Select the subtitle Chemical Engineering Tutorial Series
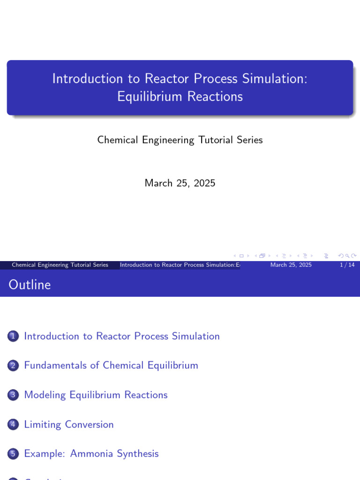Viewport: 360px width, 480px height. pyautogui.click(x=180, y=140)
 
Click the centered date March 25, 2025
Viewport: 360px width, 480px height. pyautogui.click(x=180, y=183)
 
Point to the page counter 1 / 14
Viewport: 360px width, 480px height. pyautogui.click(x=347, y=265)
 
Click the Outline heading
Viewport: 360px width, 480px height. pyautogui.click(x=30, y=285)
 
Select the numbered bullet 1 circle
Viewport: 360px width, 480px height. pyautogui.click(x=13, y=336)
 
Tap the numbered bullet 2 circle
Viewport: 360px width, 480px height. pyautogui.click(x=13, y=366)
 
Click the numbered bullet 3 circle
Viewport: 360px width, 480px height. pyautogui.click(x=13, y=395)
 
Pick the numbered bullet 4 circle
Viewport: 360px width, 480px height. pyautogui.click(x=13, y=425)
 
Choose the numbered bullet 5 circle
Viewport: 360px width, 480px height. pyautogui.click(x=13, y=454)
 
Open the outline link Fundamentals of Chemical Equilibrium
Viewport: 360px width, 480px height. pyautogui.click(x=111, y=365)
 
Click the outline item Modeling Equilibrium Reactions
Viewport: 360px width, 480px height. pyautogui.click(x=96, y=395)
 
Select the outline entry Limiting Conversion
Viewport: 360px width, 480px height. pyautogui.click(x=69, y=424)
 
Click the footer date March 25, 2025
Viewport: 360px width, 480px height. pyautogui.click(x=291, y=265)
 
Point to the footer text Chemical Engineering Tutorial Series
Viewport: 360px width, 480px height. pyautogui.click(x=60, y=265)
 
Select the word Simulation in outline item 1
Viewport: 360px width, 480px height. pyautogui.click(x=195, y=336)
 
